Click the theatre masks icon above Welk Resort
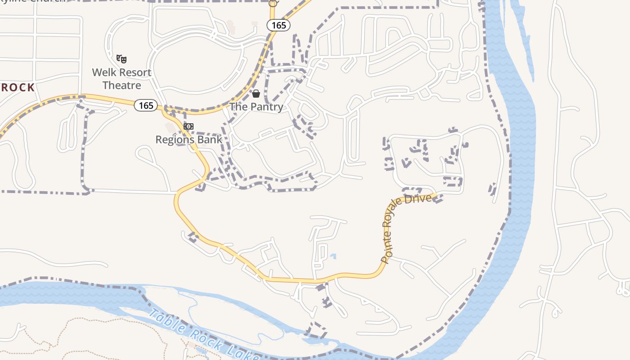click(121, 58)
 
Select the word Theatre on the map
click(121, 85)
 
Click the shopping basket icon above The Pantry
click(256, 94)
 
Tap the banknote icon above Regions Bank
click(189, 126)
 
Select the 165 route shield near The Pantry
click(279, 25)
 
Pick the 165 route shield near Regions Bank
click(146, 106)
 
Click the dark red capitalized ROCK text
click(18, 87)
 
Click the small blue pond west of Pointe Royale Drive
click(333, 256)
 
